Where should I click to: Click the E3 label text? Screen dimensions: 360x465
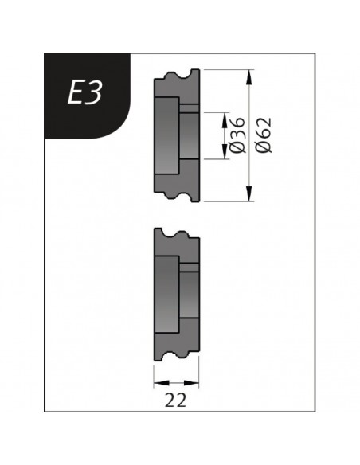coord(84,92)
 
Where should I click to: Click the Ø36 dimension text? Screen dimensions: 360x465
coord(238,135)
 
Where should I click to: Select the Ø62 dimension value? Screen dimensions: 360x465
coord(264,135)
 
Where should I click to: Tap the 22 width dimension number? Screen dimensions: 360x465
coord(175,400)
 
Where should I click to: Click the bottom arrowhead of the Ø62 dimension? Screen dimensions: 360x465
coord(249,193)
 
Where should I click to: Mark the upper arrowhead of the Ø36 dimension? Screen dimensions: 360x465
coord(225,120)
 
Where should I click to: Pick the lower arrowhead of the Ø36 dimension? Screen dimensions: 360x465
coord(225,152)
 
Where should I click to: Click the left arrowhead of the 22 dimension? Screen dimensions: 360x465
coord(162,383)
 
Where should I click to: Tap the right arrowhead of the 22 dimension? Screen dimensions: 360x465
coord(191,383)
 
